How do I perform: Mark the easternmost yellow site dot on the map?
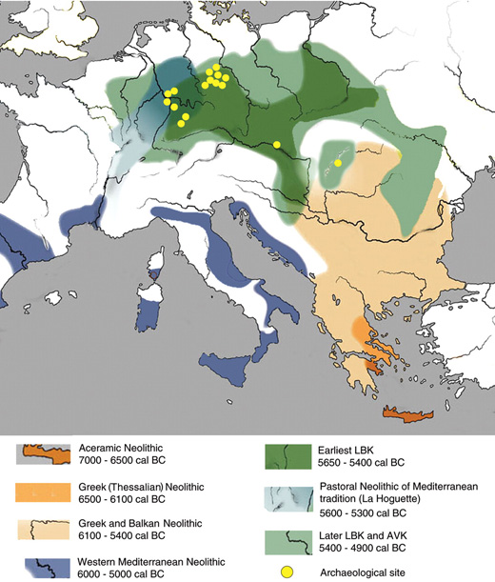338,163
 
